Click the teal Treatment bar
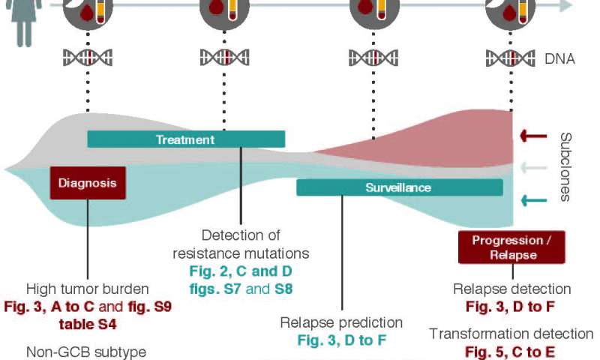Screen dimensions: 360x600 coord(186,139)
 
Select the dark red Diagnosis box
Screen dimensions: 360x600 coord(88,182)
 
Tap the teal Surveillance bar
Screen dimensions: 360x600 coord(399,187)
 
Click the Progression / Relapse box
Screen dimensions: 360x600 coord(511,247)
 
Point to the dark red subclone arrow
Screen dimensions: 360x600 coord(534,136)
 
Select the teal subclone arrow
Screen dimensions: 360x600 coord(534,199)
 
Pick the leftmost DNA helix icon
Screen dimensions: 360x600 coord(88,58)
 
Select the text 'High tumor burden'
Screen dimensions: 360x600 coord(87,289)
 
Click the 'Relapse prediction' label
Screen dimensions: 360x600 coord(341,322)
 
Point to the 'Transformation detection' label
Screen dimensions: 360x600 coord(511,334)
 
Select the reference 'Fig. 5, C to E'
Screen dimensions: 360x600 coord(511,351)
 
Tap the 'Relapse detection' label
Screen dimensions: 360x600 coord(511,289)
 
